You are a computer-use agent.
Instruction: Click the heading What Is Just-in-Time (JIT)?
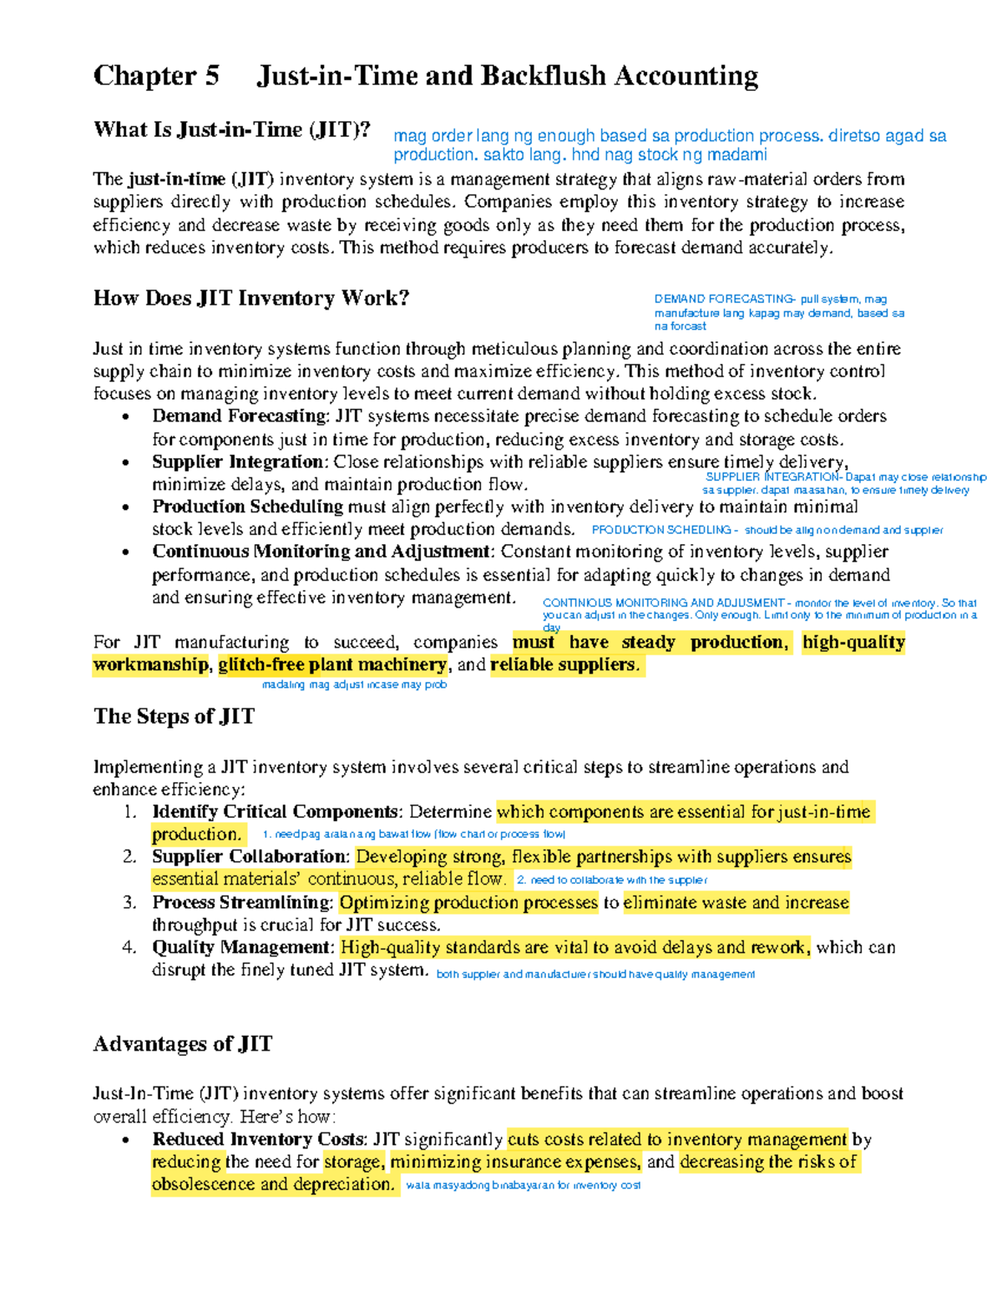coord(231,130)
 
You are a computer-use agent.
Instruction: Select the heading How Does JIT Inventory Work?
coord(250,298)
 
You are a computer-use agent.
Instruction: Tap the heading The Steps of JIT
coord(174,716)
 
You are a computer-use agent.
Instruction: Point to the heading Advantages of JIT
coord(182,1044)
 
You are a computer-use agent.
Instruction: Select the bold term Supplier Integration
coord(237,461)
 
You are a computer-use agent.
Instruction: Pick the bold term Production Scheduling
coord(247,507)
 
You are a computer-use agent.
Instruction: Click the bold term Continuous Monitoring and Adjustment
coord(321,552)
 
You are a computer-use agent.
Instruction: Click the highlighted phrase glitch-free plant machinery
coord(332,665)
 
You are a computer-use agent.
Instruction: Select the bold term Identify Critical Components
coord(275,812)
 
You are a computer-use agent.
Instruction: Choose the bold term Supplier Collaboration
coord(249,857)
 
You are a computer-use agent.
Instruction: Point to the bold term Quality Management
coord(241,947)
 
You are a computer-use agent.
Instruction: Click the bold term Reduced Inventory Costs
coord(257,1139)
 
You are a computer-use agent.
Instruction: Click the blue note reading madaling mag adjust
coord(354,685)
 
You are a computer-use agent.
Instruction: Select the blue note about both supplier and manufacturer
coord(595,974)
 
